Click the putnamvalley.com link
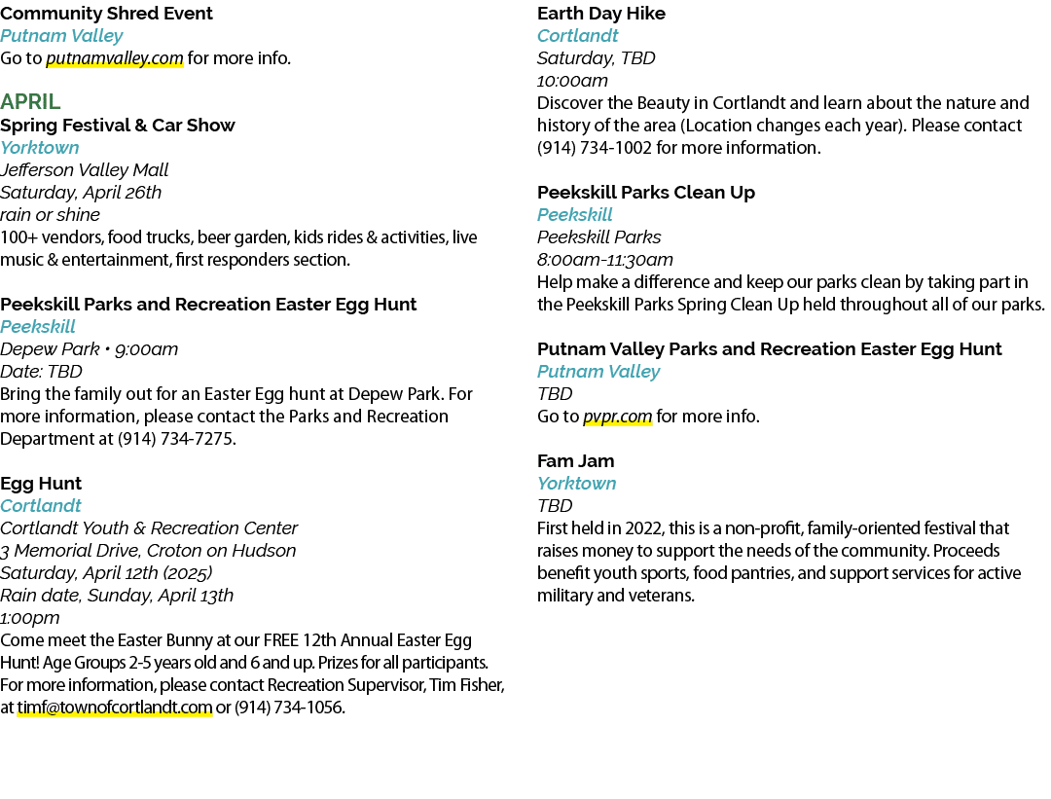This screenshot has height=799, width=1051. coord(115,58)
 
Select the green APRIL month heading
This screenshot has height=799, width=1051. coord(30,101)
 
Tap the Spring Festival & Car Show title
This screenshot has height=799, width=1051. coord(118,126)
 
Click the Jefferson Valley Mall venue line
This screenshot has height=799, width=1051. coord(84,170)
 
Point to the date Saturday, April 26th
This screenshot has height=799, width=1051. coord(81,193)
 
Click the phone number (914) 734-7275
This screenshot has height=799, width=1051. coord(175,439)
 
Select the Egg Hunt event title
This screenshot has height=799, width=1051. coord(41,484)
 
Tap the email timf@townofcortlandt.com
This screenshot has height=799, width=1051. coord(115,708)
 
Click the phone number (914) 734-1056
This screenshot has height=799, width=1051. coord(289,708)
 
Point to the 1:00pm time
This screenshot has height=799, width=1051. coord(29,618)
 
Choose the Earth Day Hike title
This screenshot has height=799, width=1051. coord(601,14)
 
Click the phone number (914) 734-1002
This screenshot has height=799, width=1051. coord(594,148)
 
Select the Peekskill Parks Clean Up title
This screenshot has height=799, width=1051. coord(646,193)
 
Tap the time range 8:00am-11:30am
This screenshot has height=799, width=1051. coord(604,260)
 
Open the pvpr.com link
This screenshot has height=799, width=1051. coord(617,417)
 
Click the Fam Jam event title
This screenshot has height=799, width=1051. coord(575,461)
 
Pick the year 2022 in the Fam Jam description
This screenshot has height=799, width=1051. coord(643,528)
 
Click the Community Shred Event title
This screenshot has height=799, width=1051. coord(106,14)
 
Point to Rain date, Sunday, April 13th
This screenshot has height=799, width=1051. coord(117,596)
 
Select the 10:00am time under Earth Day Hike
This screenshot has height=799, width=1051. coord(572,81)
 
